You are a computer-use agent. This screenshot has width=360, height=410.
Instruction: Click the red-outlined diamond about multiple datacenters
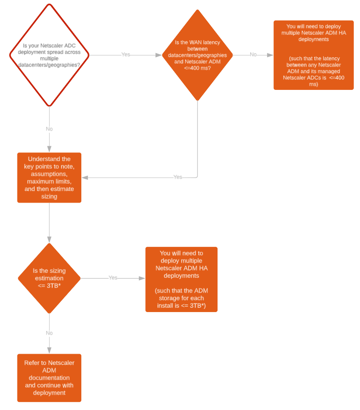(x=49, y=55)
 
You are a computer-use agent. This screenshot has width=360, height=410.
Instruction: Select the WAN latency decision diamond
(x=197, y=55)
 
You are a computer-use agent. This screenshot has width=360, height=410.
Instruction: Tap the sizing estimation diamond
(x=49, y=278)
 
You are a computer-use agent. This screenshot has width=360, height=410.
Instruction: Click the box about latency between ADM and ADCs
(x=314, y=55)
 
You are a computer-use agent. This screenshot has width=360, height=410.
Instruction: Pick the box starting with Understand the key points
(x=49, y=178)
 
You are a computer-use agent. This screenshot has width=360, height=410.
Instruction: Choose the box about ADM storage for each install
(x=181, y=279)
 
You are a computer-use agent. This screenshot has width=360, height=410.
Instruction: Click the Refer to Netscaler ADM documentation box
(x=49, y=378)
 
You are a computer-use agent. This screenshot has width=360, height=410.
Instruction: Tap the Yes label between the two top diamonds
(x=126, y=55)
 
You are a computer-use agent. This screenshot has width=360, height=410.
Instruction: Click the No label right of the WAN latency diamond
(x=253, y=55)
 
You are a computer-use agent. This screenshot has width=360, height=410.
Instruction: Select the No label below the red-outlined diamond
(x=49, y=129)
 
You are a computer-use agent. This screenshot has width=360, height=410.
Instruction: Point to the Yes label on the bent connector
(x=178, y=177)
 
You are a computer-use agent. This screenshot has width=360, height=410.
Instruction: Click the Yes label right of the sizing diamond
(x=113, y=278)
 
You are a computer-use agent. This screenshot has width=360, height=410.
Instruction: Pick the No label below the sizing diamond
(x=49, y=333)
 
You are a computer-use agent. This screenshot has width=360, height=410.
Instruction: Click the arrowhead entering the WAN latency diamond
(x=159, y=55)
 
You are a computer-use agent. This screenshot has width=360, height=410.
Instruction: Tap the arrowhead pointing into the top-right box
(x=270, y=55)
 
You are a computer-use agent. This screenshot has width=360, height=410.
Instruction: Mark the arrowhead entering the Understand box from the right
(x=85, y=178)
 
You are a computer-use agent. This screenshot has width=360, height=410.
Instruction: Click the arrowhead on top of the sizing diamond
(x=49, y=240)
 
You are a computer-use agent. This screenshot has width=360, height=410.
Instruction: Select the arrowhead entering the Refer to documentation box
(x=49, y=351)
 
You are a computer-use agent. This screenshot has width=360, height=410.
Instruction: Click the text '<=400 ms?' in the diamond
(x=197, y=68)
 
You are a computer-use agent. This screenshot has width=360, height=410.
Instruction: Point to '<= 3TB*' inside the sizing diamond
(x=49, y=286)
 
